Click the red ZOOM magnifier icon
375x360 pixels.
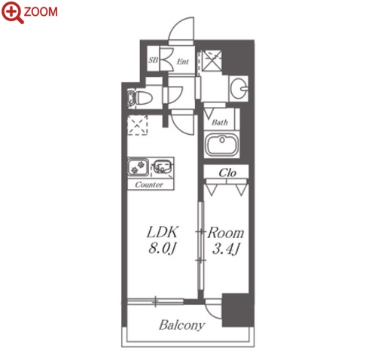pyautogui.click(x=12, y=12)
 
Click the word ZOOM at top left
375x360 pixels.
pyautogui.click(x=41, y=12)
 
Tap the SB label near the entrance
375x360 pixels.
pyautogui.click(x=153, y=59)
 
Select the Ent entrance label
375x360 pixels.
pyautogui.click(x=182, y=61)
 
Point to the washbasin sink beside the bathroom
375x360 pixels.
pyautogui.click(x=239, y=89)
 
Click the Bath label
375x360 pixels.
pyautogui.click(x=220, y=122)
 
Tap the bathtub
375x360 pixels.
pyautogui.click(x=221, y=145)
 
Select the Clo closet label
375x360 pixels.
pyautogui.click(x=227, y=172)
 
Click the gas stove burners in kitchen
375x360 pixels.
pyautogui.click(x=138, y=167)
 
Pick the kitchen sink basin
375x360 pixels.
pyautogui.click(x=163, y=166)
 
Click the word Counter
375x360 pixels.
pyautogui.click(x=149, y=185)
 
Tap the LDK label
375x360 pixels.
pyautogui.click(x=163, y=232)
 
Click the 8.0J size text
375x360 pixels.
pyautogui.click(x=163, y=249)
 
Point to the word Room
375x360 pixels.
pyautogui.click(x=226, y=233)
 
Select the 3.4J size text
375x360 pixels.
pyautogui.click(x=226, y=249)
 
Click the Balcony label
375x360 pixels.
pyautogui.click(x=181, y=325)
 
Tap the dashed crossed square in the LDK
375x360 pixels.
pyautogui.click(x=137, y=125)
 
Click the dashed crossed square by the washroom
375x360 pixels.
pyautogui.click(x=212, y=60)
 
